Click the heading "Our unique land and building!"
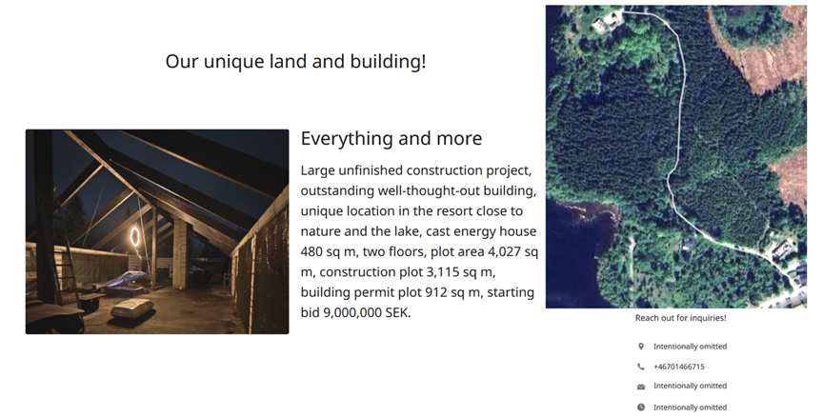(295, 61)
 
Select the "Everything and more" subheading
(391, 138)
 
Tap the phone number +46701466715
(678, 367)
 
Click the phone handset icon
(641, 367)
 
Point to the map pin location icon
(641, 347)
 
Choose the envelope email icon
(641, 387)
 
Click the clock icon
(641, 407)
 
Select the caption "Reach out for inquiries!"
(681, 318)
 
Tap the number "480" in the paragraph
(311, 251)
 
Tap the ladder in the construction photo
(57, 247)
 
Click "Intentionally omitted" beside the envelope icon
(690, 386)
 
